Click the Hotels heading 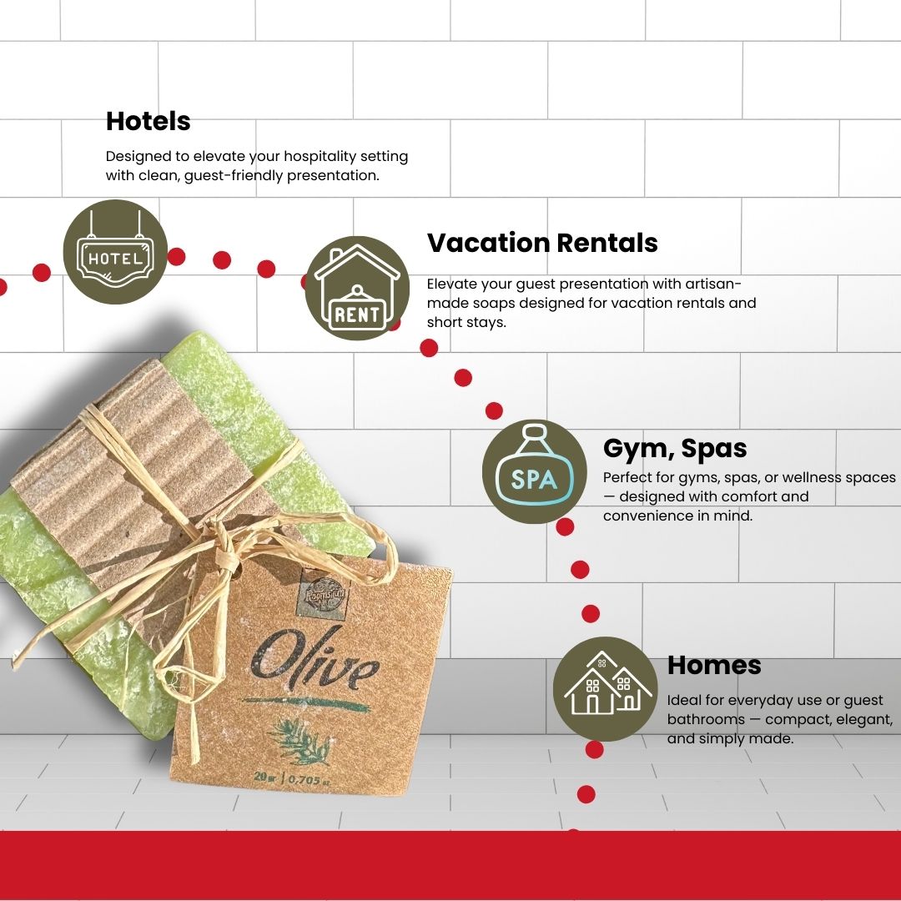point(148,122)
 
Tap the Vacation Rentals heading point(542,243)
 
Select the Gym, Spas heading point(675,449)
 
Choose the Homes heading point(714,665)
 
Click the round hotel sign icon point(115,251)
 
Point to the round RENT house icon point(357,289)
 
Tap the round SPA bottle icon point(534,471)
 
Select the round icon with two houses point(605,688)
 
